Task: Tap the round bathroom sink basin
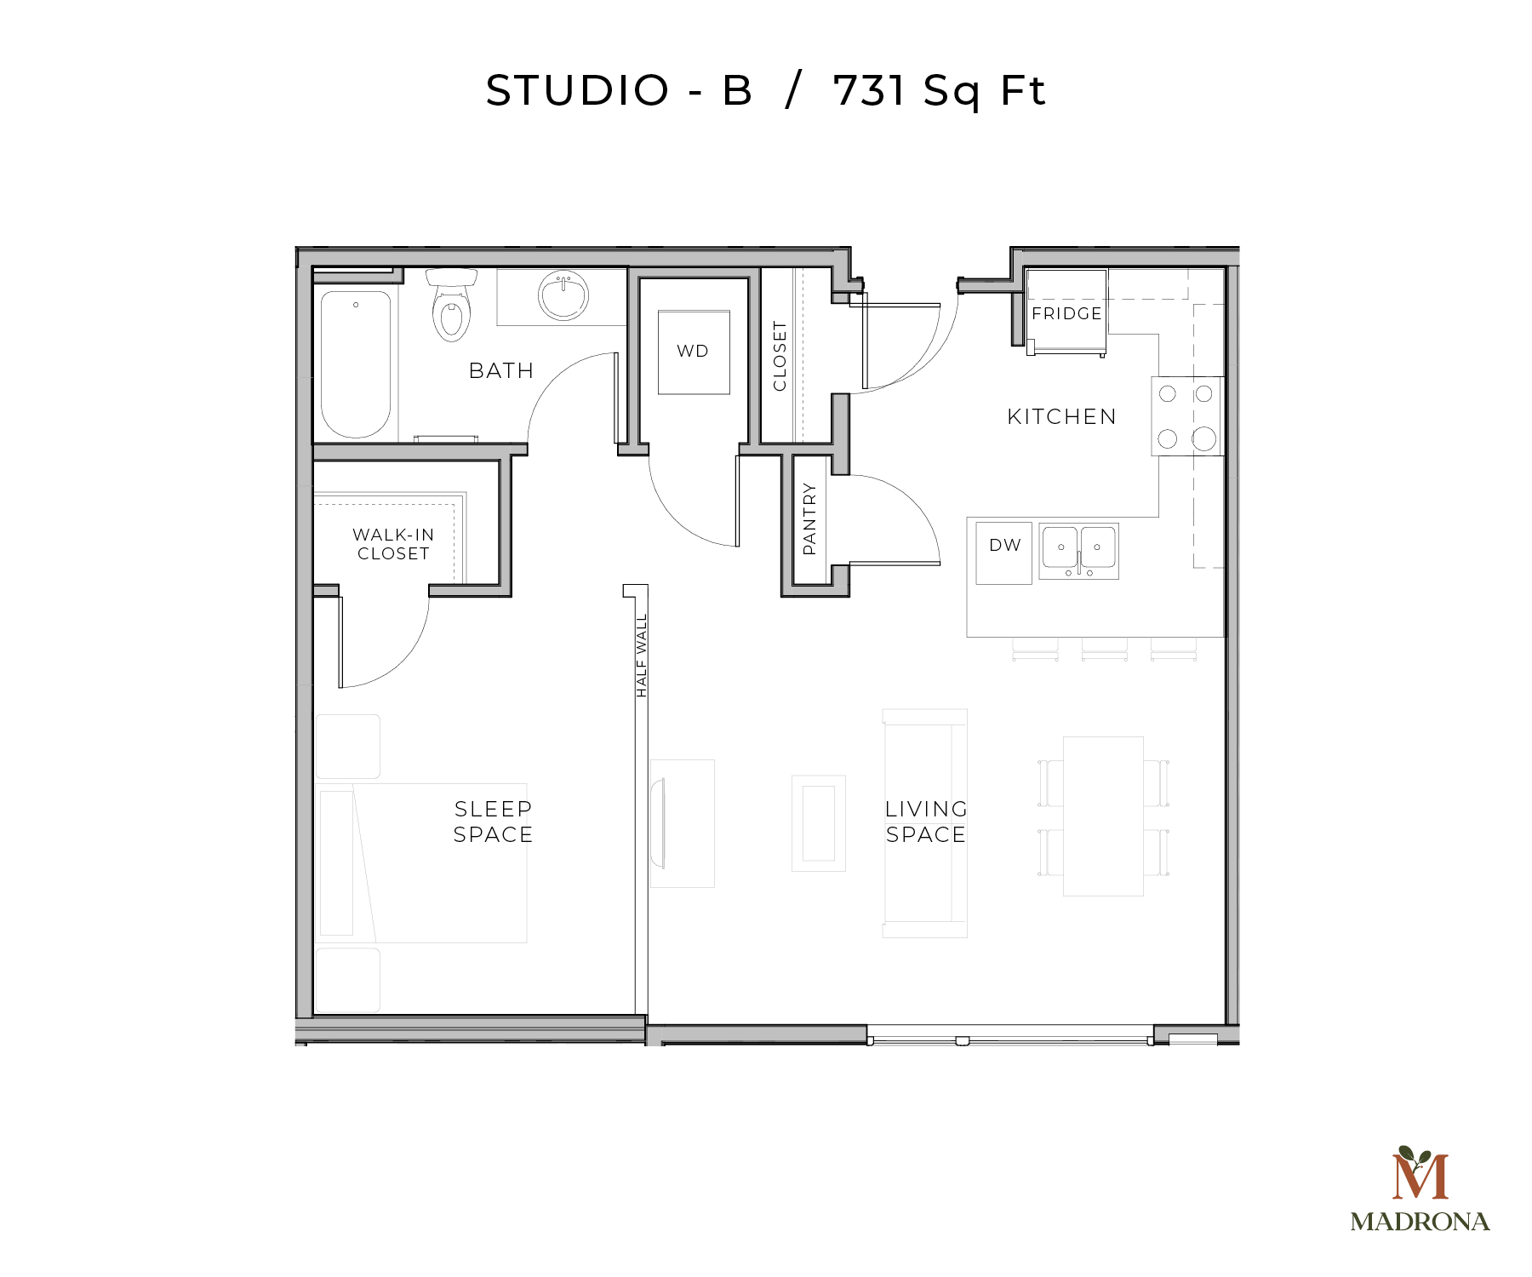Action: [x=563, y=295]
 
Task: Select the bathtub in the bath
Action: [x=356, y=364]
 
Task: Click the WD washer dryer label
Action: [x=693, y=351]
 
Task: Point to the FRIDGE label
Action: [x=1066, y=313]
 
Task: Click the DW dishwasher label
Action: [x=1004, y=545]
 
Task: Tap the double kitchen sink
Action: [x=1078, y=550]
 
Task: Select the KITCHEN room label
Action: [x=1061, y=416]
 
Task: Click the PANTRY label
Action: [x=809, y=519]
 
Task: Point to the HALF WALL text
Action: [x=642, y=656]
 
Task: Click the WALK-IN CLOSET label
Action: [x=393, y=544]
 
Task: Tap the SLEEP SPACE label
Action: [x=493, y=822]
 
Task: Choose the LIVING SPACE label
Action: [x=926, y=822]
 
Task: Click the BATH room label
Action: [x=501, y=370]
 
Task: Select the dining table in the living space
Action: [x=1103, y=816]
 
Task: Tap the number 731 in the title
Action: [x=869, y=90]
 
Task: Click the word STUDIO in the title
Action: [x=577, y=90]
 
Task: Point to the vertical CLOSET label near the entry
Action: [x=780, y=356]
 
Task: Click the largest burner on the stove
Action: [x=1203, y=439]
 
